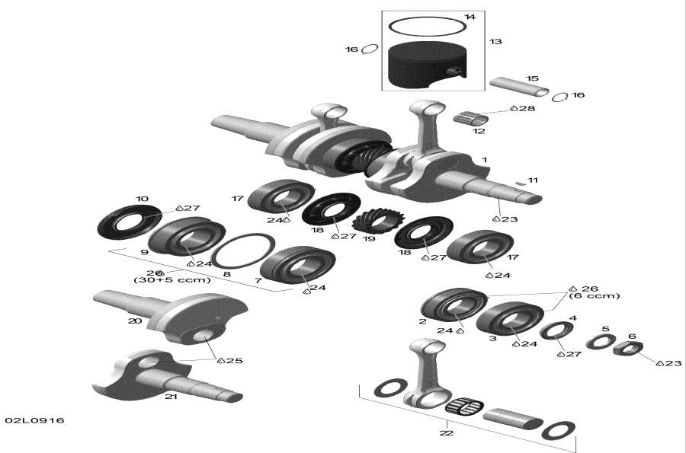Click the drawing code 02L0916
34,420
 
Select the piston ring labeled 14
428,27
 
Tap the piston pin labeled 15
519,87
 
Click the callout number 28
527,109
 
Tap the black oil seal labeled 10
129,222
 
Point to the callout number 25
234,360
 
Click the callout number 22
446,433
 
